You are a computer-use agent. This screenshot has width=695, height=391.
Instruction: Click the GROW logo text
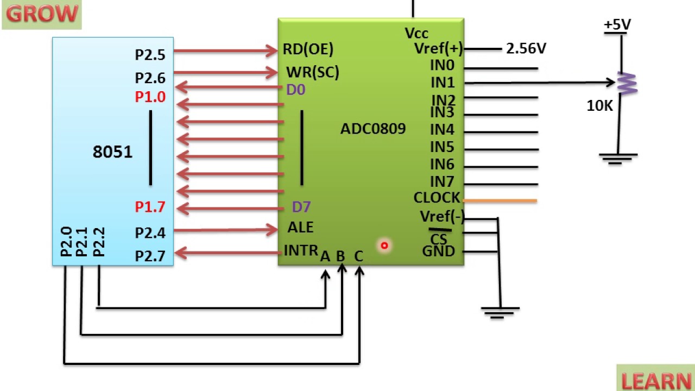(42, 14)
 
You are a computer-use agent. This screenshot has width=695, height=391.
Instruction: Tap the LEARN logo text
(656, 381)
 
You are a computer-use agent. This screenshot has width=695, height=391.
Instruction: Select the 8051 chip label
(112, 152)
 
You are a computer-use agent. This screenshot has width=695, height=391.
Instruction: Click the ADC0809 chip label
(373, 129)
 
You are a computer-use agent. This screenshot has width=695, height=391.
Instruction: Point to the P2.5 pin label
(150, 55)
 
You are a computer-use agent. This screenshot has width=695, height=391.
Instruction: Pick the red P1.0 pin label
(150, 97)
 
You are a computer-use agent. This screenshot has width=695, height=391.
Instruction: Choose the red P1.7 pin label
(150, 207)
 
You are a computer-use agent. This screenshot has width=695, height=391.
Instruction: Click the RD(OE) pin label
(308, 49)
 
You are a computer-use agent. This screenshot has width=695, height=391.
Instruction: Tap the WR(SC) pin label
(313, 72)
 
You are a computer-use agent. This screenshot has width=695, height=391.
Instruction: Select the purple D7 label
(301, 207)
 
